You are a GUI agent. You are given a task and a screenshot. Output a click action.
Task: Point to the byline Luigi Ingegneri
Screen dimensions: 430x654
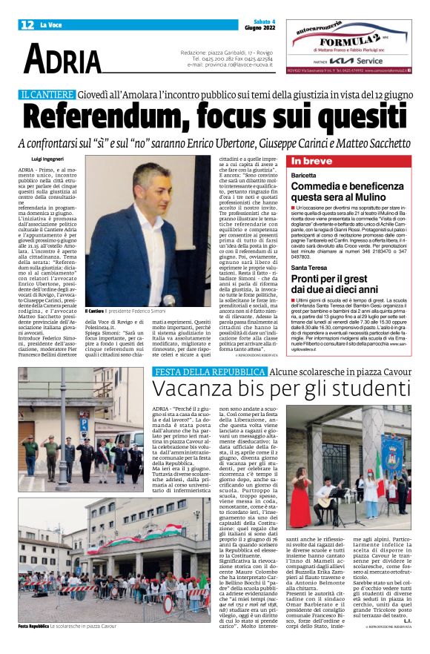[48, 159]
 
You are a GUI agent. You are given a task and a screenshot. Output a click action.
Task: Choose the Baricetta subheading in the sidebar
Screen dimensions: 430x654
[305, 176]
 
